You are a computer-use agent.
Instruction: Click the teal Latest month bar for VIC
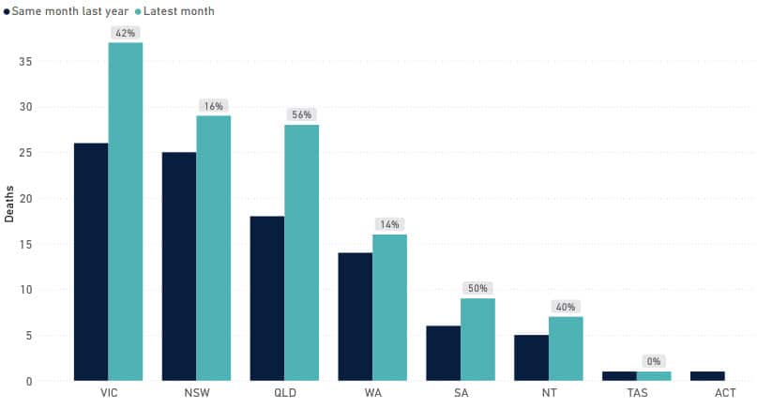click(125, 211)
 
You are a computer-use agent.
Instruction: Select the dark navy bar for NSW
click(179, 266)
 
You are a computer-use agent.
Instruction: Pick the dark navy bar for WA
click(355, 316)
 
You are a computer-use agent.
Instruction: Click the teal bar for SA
click(477, 340)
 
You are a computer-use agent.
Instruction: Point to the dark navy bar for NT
click(531, 357)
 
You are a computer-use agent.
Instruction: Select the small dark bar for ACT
click(707, 376)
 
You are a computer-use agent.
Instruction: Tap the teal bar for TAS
click(654, 376)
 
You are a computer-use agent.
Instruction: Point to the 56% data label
click(301, 114)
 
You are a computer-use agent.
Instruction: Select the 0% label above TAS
click(654, 361)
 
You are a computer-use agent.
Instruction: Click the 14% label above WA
click(389, 224)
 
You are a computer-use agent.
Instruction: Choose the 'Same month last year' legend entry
click(65, 11)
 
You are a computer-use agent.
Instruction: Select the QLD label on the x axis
click(284, 394)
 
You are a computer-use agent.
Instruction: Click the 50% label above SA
click(477, 288)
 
